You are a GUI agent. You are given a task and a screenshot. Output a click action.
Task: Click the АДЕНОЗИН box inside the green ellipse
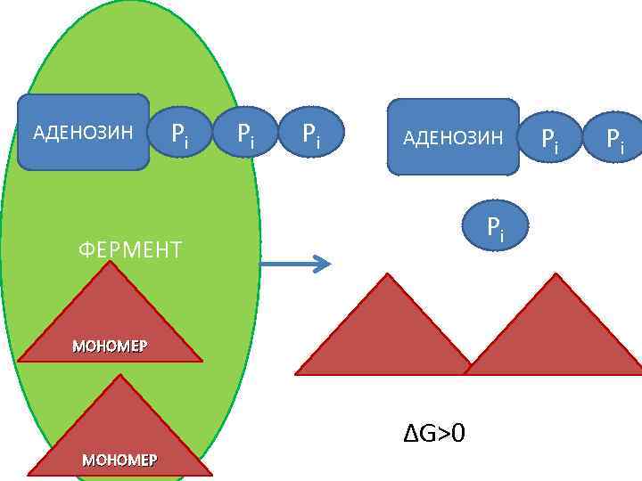[83, 133]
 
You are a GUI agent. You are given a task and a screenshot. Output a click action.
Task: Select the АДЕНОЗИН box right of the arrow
[452, 137]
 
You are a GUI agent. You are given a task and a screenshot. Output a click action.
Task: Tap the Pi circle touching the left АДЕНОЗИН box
[180, 135]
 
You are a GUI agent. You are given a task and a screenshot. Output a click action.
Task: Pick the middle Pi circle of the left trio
[244, 135]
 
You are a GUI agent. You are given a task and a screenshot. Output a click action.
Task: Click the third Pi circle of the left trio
[310, 135]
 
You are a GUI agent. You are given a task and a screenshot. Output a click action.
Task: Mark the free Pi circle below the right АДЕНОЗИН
[495, 228]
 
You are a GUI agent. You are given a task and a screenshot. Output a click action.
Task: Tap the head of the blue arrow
[323, 264]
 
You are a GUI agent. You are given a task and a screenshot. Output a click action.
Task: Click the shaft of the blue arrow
[285, 264]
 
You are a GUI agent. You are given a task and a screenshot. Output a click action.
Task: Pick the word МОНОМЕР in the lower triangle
[119, 460]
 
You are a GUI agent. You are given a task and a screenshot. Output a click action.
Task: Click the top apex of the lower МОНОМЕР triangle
[119, 375]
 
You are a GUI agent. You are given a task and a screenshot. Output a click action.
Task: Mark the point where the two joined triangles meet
[468, 368]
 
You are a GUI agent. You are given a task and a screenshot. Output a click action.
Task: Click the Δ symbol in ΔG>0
[410, 434]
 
